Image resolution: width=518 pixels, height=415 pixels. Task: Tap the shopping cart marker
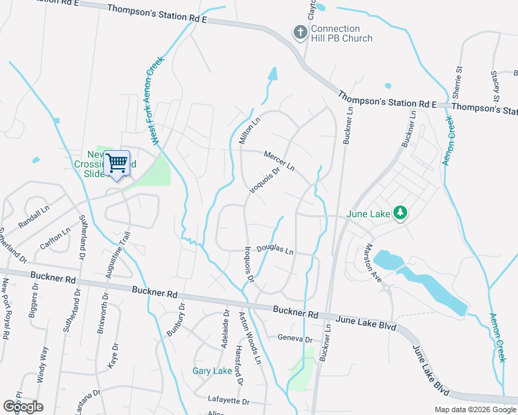117,163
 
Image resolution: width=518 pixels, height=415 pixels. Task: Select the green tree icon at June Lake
400,214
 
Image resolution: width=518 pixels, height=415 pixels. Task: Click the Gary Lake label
212,371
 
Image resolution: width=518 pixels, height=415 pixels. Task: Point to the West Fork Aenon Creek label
154,101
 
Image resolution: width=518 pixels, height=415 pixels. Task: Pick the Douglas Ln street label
275,250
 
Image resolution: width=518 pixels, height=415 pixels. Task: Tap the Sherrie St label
458,84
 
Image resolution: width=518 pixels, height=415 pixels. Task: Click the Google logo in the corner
23,407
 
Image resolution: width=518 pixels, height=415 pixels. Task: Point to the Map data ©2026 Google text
474,409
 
